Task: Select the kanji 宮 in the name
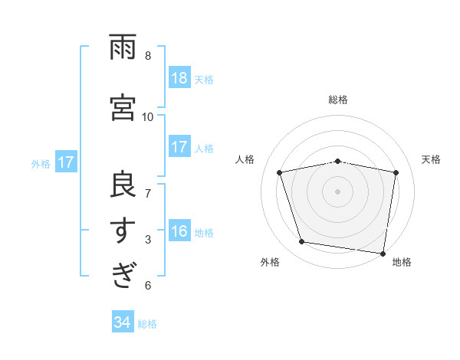coord(123,106)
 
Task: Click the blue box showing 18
coord(179,78)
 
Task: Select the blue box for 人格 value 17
coord(179,147)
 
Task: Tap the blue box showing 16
coord(179,232)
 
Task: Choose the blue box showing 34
coord(123,322)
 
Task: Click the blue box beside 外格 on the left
coord(65,162)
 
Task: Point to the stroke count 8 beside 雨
coord(148,56)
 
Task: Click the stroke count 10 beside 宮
coord(148,116)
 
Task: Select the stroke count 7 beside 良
coord(148,192)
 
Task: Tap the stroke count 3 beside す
coord(148,240)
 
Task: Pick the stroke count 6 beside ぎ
coord(148,286)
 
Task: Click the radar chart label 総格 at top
coord(338,100)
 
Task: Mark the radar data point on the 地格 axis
coord(383,253)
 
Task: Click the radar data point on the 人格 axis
coord(281,172)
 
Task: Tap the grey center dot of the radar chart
coord(338,191)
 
